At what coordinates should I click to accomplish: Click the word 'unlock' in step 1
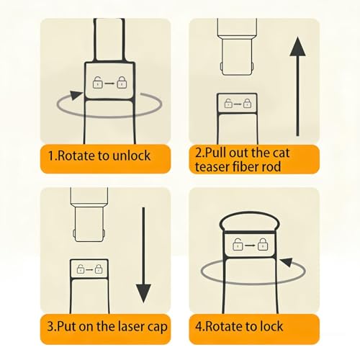131,156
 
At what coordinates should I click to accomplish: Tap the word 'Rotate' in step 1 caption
76,156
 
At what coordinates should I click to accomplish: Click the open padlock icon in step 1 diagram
98,82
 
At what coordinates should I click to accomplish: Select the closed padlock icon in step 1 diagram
122,82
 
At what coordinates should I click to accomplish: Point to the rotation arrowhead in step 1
76,95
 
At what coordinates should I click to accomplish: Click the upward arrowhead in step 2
297,47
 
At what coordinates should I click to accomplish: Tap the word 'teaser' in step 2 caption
212,167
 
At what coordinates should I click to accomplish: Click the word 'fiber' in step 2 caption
246,166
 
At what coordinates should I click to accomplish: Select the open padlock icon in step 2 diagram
228,103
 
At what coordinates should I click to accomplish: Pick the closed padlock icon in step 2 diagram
247,103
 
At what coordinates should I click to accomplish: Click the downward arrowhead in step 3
143,293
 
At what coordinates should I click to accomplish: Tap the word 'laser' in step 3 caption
130,326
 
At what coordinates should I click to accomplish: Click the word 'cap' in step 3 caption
156,328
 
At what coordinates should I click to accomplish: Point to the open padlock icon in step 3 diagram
81,269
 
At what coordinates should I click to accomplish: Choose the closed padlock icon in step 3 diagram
99,269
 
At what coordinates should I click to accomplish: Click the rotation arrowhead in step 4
287,262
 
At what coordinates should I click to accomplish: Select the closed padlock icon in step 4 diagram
263,245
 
